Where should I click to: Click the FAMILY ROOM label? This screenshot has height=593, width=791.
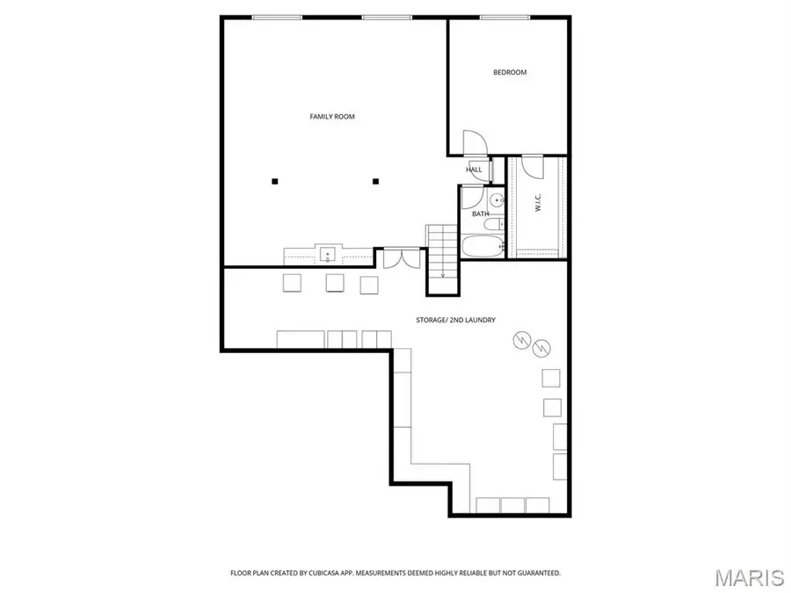point(332,116)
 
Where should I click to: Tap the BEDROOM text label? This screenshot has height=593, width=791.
point(510,72)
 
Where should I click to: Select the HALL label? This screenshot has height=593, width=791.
point(474,170)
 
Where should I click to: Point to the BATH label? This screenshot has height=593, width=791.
point(480,213)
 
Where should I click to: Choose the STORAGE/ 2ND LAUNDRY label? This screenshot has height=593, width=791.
point(455,320)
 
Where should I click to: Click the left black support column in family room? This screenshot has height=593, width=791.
point(275,182)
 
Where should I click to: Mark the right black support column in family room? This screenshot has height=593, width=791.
point(375,182)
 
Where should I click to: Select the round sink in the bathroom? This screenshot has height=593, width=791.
point(497,200)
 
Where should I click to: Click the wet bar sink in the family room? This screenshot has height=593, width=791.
point(328,256)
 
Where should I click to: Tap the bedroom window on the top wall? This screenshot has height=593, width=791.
point(504,18)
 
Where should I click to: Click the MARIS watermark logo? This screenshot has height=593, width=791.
point(749,577)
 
